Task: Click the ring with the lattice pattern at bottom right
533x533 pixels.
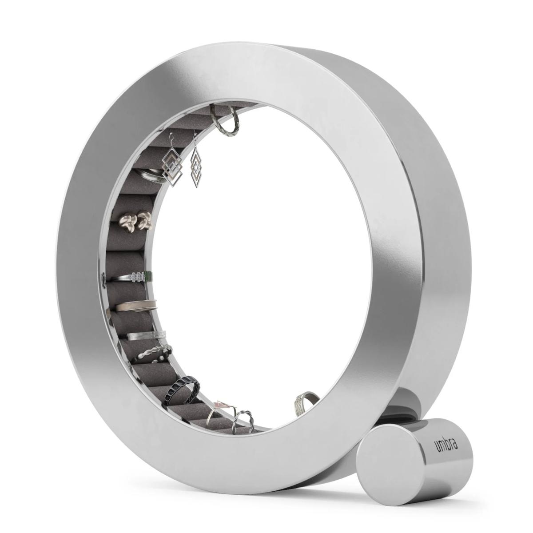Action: point(304,402)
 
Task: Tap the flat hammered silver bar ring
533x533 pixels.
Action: point(147,335)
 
